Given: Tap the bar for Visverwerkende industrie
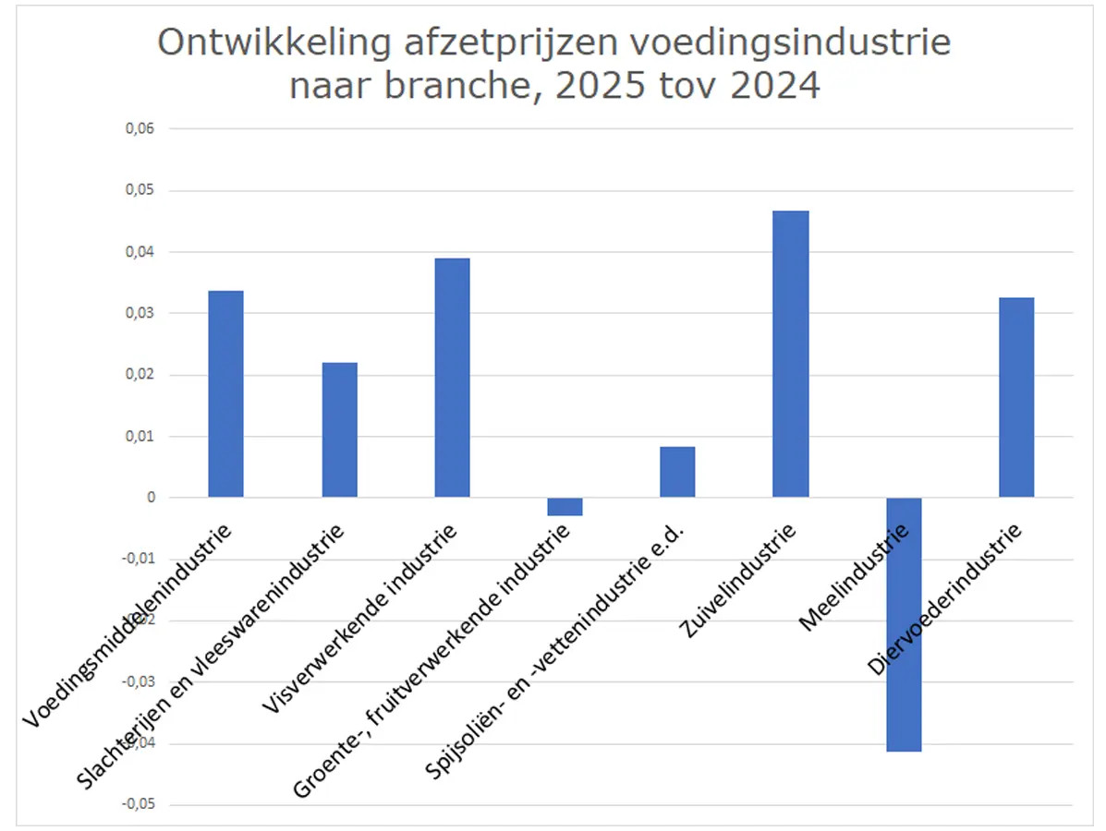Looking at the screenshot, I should (452, 378).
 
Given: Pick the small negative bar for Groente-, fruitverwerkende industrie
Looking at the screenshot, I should (565, 506).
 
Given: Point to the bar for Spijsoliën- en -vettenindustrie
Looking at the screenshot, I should (677, 472).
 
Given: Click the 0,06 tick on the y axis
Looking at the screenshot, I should (140, 129).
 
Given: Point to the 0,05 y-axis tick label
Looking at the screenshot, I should (140, 190).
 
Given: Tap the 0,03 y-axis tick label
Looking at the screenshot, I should (140, 313).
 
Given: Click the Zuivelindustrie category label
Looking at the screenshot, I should (738, 580).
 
